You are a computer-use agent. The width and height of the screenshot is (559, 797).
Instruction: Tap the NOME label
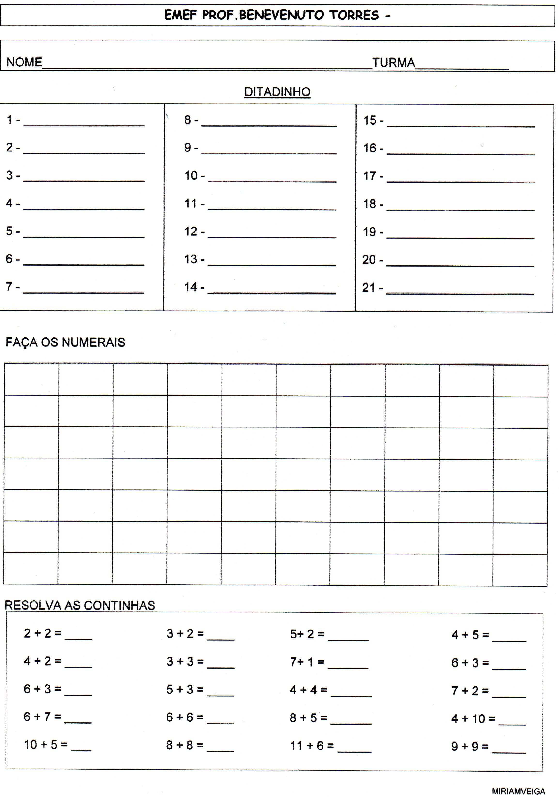[x=24, y=63]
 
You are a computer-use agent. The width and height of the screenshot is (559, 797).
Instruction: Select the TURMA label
[x=394, y=63]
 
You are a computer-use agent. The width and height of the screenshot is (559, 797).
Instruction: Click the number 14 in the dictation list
[x=191, y=287]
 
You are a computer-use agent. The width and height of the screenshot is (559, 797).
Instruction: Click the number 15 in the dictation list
[x=370, y=120]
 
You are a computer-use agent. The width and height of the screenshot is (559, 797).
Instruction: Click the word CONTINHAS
[x=119, y=606]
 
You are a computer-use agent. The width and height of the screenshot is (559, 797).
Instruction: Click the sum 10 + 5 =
[x=46, y=745]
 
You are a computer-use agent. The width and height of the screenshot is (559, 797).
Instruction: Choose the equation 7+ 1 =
[x=307, y=662]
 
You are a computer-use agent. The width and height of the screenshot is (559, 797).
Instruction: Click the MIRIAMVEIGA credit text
[x=518, y=788]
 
